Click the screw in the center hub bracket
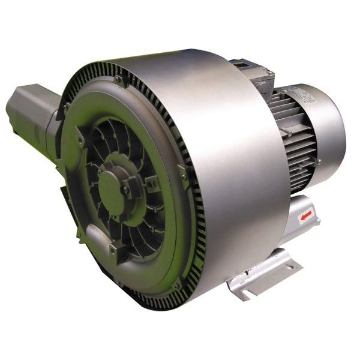click(x=127, y=190)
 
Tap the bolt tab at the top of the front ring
click(x=118, y=80)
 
